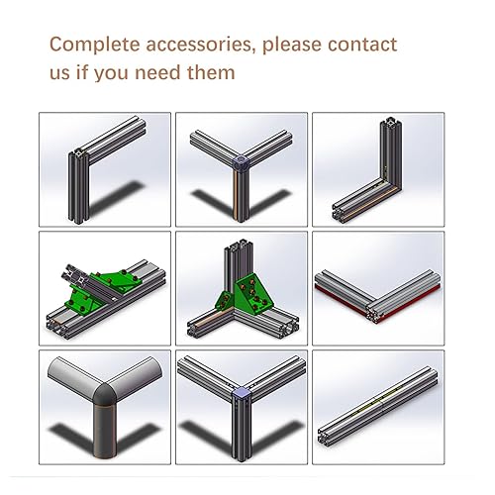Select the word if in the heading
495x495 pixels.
coord(82,73)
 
